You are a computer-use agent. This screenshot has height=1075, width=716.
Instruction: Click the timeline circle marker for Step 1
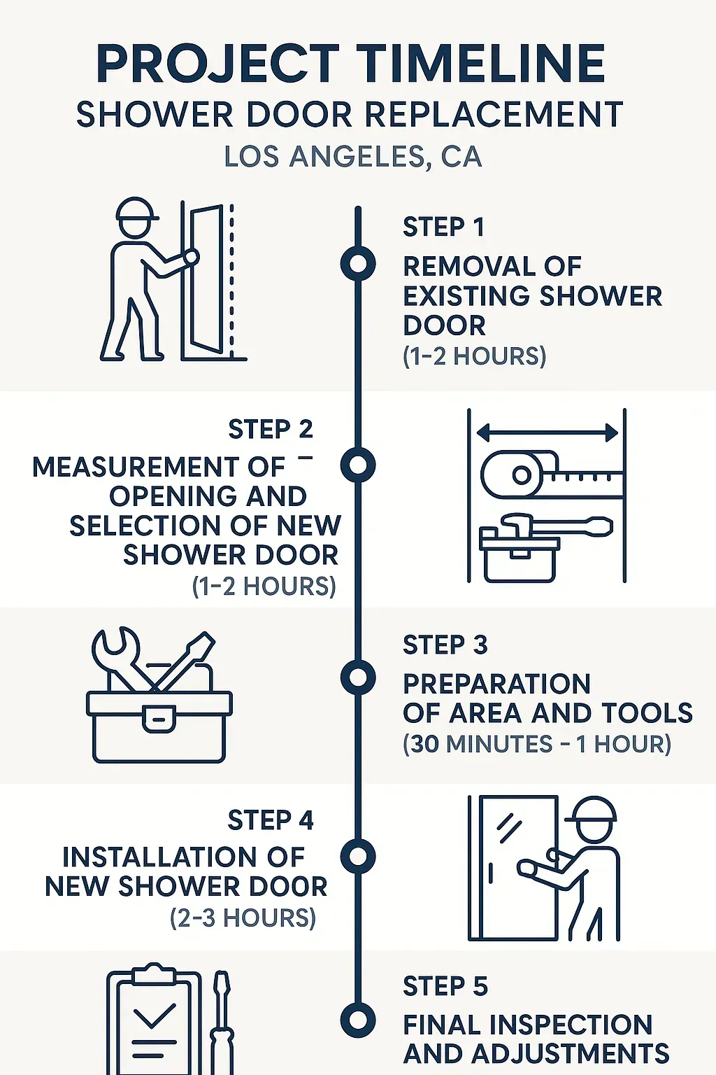pyautogui.click(x=358, y=264)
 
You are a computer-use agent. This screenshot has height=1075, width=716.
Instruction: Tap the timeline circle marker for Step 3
pyautogui.click(x=358, y=677)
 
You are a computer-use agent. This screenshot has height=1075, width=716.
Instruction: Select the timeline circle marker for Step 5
pyautogui.click(x=358, y=1019)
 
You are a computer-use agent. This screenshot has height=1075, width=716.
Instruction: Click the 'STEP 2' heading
pyautogui.click(x=271, y=429)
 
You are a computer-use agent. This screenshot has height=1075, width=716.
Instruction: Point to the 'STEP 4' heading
pyautogui.click(x=271, y=820)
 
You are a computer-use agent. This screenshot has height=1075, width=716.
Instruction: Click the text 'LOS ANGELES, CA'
pyautogui.click(x=353, y=157)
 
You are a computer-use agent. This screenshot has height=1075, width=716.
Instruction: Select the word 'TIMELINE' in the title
pyautogui.click(x=482, y=64)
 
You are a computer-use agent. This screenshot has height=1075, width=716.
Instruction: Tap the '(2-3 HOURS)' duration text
pyautogui.click(x=243, y=918)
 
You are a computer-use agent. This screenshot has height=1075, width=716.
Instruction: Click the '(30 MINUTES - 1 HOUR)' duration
pyautogui.click(x=537, y=744)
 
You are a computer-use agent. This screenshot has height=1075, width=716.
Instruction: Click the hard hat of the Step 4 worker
pyautogui.click(x=592, y=810)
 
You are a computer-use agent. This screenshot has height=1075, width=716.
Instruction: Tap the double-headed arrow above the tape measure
pyautogui.click(x=547, y=433)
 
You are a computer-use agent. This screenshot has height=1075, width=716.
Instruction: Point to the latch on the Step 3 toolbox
pyautogui.click(x=159, y=718)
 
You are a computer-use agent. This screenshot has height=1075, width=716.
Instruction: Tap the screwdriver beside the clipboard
pyautogui.click(x=222, y=1022)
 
